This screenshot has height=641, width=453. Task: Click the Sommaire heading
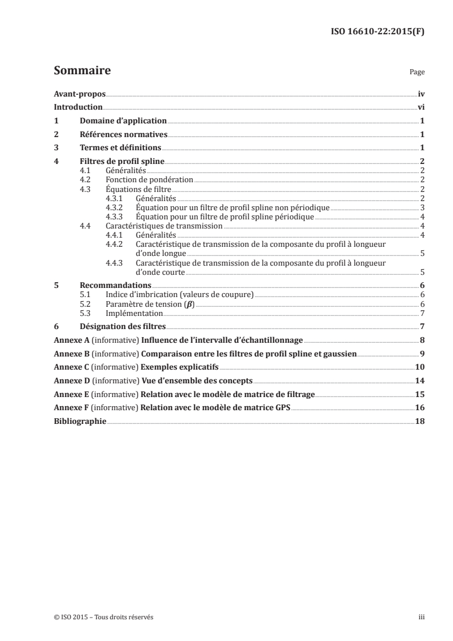point(82,71)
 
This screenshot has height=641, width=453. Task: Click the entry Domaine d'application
point(123,121)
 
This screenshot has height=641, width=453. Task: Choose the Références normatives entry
point(123,134)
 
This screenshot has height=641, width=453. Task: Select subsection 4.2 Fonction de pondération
point(150,179)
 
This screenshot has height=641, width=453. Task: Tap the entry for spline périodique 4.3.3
point(225,217)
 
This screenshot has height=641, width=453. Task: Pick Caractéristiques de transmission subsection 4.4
point(164,226)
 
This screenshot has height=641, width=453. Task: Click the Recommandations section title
point(115,285)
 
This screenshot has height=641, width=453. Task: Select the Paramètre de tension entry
point(150,304)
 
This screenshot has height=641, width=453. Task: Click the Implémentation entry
point(135,314)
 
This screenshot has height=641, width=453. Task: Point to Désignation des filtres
point(122,326)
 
